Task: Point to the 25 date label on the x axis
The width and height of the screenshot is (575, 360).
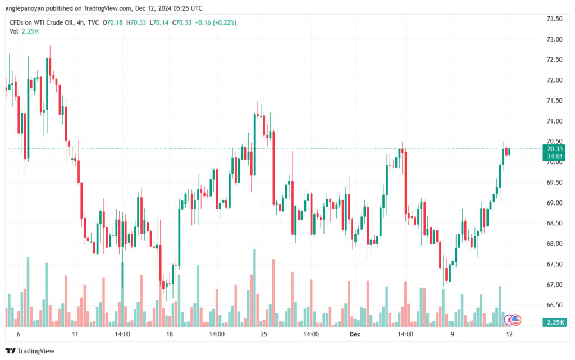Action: pos(264,334)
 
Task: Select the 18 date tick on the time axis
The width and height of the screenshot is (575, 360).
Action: pos(170,334)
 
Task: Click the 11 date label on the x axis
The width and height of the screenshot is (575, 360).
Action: pos(75,334)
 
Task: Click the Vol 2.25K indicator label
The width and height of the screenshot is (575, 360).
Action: pos(24,31)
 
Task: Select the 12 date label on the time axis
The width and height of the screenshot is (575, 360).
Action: pos(508,334)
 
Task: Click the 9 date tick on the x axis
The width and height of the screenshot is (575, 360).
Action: pos(451,334)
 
